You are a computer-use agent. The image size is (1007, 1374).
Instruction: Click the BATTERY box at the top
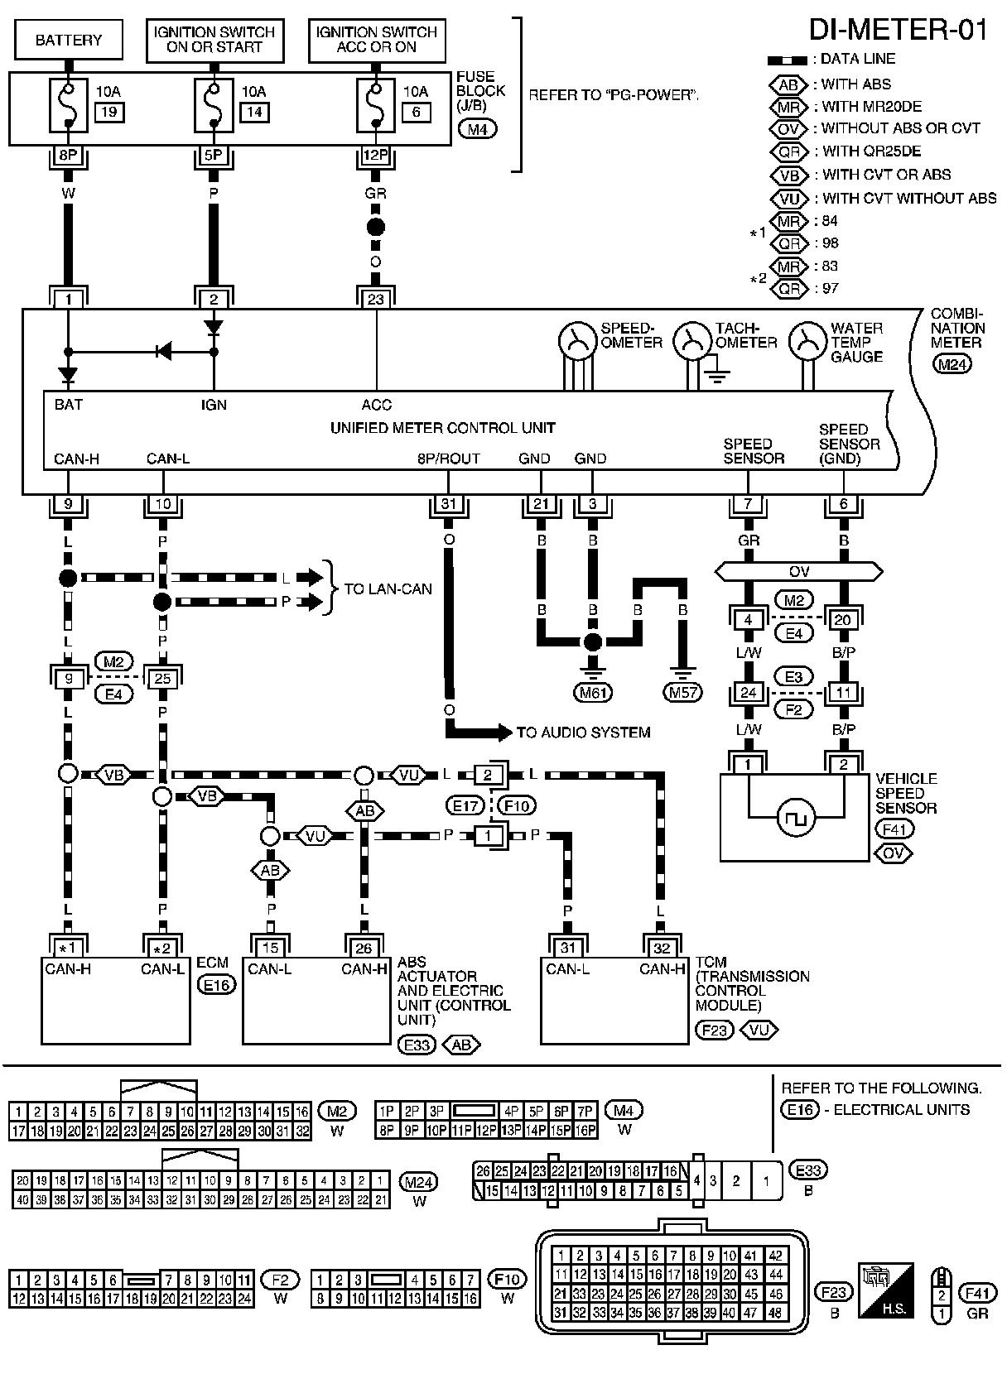(69, 40)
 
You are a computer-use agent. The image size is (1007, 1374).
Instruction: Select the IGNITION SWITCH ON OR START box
(214, 40)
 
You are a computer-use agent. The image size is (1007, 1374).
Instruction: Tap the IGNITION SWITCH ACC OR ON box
(376, 40)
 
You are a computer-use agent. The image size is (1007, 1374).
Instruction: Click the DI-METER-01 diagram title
(898, 30)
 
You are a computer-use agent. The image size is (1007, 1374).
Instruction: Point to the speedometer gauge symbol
(573, 339)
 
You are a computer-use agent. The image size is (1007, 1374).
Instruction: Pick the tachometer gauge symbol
(688, 339)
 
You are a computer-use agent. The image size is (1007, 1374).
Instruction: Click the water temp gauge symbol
(803, 339)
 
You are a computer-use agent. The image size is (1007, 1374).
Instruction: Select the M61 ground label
(593, 692)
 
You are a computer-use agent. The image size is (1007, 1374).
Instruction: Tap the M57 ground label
(683, 692)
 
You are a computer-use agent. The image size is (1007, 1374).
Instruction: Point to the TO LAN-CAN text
(388, 589)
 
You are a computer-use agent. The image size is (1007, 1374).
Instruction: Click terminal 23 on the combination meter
(376, 299)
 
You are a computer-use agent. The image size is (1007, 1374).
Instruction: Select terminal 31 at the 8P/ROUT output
(448, 504)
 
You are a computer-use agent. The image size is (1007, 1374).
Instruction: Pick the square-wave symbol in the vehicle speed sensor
(796, 819)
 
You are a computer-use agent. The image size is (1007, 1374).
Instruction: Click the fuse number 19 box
(109, 112)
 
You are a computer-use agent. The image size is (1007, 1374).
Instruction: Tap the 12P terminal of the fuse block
(376, 155)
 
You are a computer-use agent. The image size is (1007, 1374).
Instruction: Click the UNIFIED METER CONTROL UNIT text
(442, 428)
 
